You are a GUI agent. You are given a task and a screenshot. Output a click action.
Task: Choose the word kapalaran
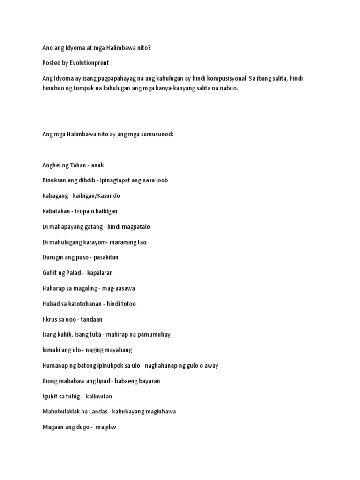100,273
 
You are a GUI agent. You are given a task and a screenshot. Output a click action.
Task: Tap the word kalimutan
99,397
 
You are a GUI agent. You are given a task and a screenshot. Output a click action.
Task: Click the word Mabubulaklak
61,412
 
